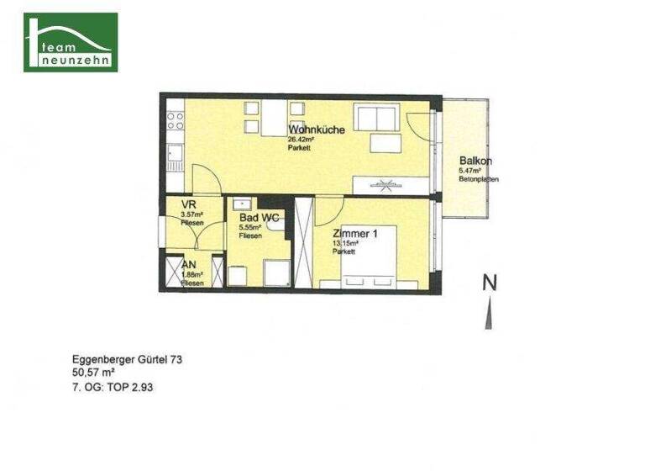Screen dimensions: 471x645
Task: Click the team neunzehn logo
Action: [71, 42]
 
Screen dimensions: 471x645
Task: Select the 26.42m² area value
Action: [301, 139]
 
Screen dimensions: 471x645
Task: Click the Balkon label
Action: [475, 161]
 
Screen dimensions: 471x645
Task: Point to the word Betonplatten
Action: [478, 179]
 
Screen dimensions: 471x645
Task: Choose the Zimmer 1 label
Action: [354, 234]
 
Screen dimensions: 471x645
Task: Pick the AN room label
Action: [190, 264]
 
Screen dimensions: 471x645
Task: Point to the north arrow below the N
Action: [488, 314]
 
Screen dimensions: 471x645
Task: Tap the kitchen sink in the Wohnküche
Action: [174, 155]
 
